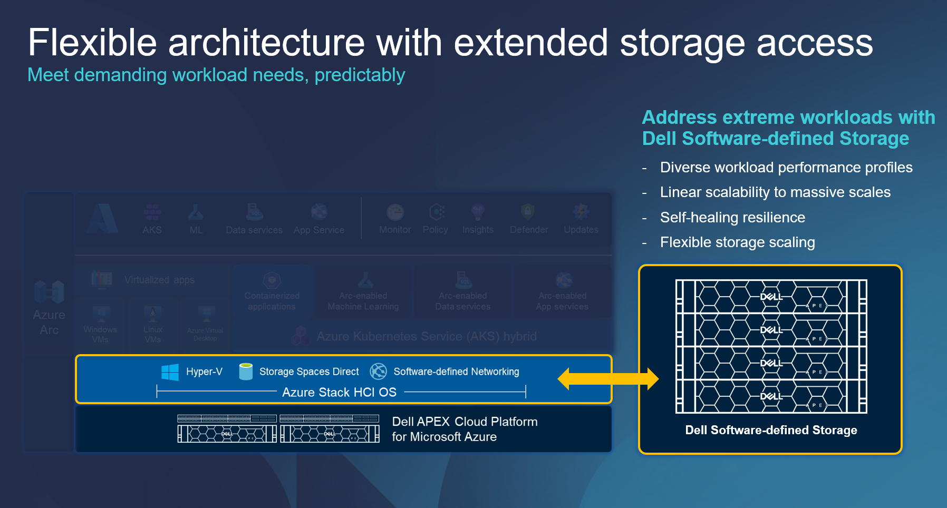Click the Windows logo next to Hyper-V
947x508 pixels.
click(x=170, y=372)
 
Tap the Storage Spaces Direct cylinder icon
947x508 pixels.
click(x=246, y=372)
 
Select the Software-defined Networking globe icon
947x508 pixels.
click(x=378, y=372)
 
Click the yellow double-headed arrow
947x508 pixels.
click(x=608, y=378)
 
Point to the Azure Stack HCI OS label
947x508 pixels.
click(x=339, y=392)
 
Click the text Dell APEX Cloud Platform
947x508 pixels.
click(x=465, y=422)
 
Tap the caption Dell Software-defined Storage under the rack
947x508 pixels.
click(x=771, y=430)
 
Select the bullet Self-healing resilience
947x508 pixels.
click(x=732, y=217)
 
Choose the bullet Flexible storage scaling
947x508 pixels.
click(x=737, y=242)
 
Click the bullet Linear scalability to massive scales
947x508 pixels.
click(x=775, y=192)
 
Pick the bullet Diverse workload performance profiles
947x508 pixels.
click(x=786, y=168)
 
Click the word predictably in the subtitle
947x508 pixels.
click(x=360, y=75)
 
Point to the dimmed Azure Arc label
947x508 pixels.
click(x=49, y=322)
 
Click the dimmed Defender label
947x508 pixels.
click(x=529, y=230)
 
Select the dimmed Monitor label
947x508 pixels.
click(x=395, y=230)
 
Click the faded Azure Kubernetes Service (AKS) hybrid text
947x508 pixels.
click(x=426, y=336)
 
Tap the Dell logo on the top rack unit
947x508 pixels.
click(x=771, y=297)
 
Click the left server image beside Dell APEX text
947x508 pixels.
click(x=227, y=428)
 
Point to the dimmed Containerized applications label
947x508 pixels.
click(x=272, y=301)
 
